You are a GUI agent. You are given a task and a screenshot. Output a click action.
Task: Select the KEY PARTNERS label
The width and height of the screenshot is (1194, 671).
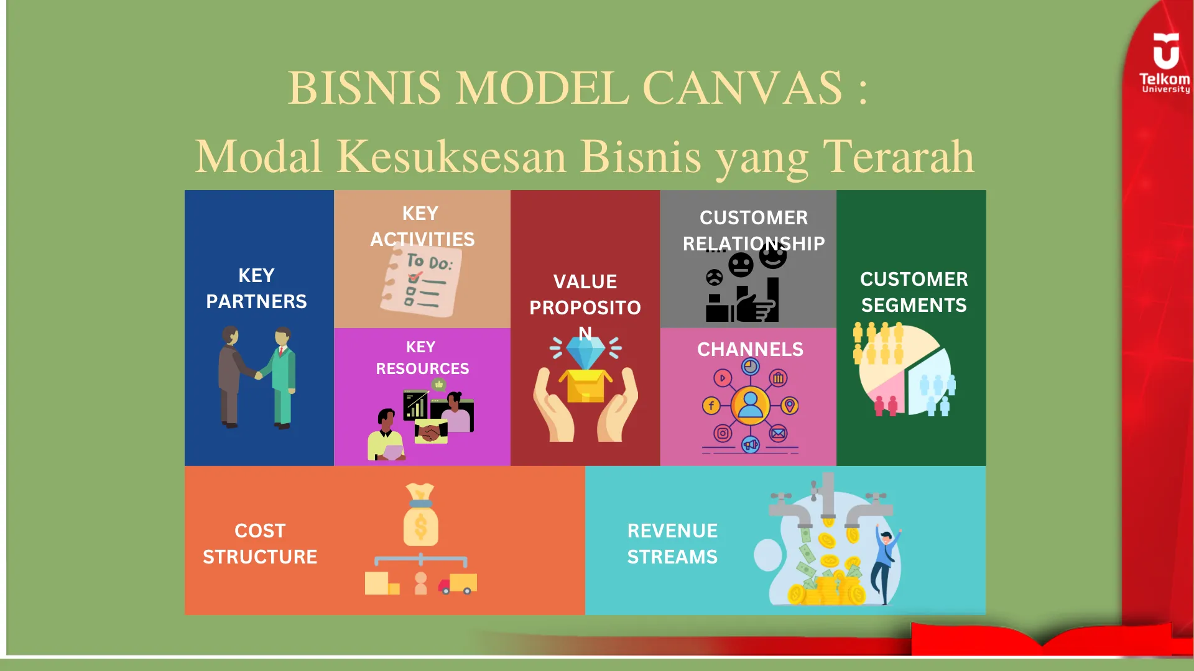[256, 288]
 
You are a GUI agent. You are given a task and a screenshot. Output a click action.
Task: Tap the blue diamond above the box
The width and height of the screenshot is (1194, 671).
[585, 353]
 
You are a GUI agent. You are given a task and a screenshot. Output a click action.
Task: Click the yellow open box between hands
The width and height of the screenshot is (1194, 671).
[585, 386]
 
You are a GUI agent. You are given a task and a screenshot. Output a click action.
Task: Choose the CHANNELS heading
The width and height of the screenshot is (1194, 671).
[750, 349]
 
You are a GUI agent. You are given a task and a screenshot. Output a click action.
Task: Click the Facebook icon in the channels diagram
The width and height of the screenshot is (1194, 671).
[711, 406]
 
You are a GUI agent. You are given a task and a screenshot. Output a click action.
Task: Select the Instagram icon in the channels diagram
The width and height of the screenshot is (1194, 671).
[723, 433]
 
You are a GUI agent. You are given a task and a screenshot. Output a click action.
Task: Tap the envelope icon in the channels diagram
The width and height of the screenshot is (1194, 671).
[778, 433]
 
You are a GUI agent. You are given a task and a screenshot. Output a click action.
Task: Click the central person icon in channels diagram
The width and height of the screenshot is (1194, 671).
[751, 405]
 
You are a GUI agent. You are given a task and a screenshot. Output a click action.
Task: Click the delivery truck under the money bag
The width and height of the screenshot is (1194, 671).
[458, 584]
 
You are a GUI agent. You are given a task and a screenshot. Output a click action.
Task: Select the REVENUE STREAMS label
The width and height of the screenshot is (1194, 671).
[672, 544]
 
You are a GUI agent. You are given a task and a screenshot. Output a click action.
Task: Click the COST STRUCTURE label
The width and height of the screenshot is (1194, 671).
[260, 544]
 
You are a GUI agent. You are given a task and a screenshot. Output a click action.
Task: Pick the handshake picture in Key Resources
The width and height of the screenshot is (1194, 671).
[430, 431]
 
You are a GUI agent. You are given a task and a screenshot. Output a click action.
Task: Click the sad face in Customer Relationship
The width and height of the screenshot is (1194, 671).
[715, 277]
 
